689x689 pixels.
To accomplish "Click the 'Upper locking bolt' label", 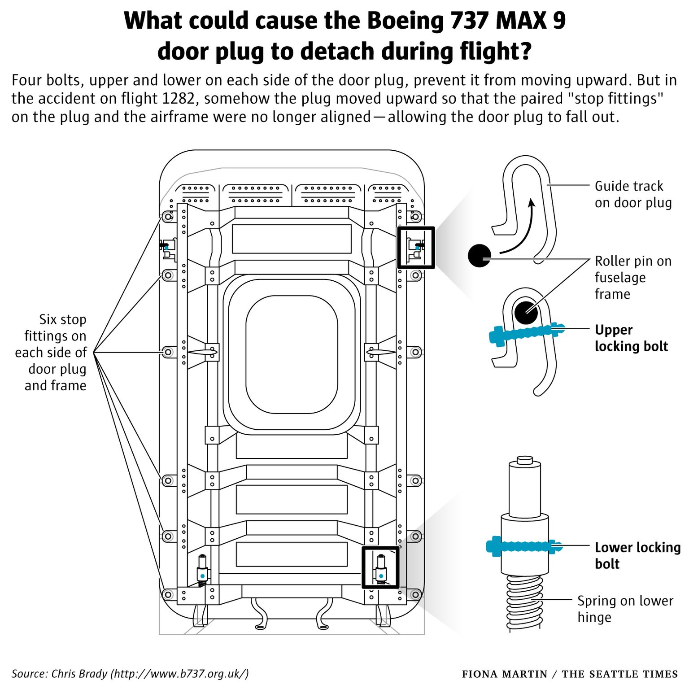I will [x=631, y=338].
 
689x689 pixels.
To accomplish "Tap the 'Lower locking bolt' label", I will [x=637, y=555].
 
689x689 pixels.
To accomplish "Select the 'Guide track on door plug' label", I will [x=633, y=194].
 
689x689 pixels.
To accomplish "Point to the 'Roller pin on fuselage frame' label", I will [x=633, y=277].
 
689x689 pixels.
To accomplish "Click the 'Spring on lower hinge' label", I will [x=625, y=609].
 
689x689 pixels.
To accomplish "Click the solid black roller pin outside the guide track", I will [x=479, y=256].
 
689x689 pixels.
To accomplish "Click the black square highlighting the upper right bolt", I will [x=416, y=248].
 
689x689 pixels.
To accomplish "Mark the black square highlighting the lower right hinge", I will [x=380, y=567].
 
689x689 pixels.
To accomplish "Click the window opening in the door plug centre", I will [x=292, y=354].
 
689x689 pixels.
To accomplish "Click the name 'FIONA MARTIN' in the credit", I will [x=504, y=674].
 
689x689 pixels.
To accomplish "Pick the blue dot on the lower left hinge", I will [x=202, y=576].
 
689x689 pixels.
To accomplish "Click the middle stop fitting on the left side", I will [x=168, y=352].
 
